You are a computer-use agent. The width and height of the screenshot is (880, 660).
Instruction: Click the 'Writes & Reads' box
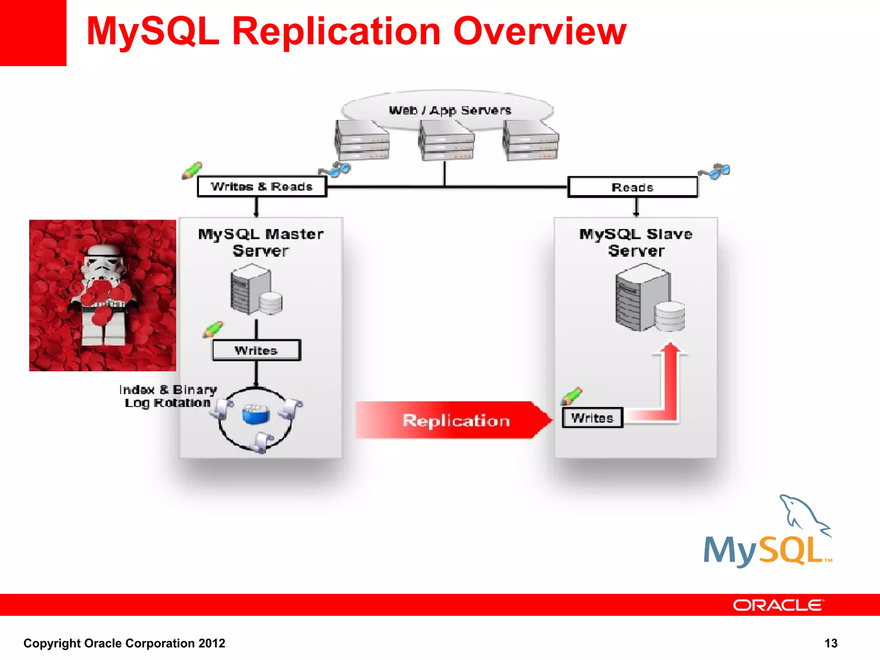[x=262, y=187]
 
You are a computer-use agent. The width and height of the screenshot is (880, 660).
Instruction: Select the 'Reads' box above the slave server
[x=632, y=187]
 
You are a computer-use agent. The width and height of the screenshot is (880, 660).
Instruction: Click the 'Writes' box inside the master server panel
[x=256, y=350]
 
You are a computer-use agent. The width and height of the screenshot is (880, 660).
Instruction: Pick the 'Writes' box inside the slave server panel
[x=592, y=418]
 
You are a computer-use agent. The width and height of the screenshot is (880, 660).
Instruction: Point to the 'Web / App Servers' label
[x=450, y=110]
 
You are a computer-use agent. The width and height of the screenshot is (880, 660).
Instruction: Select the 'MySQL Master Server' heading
[x=260, y=242]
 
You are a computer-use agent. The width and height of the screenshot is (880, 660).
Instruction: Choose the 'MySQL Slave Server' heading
[x=636, y=242]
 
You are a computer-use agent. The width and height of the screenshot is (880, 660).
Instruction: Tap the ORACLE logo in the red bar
[x=778, y=605]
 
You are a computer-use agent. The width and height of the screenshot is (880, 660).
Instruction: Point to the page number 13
[x=831, y=643]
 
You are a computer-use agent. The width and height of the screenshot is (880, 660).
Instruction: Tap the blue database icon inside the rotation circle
[x=256, y=414]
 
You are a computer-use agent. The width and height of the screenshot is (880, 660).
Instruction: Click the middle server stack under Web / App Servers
[x=446, y=140]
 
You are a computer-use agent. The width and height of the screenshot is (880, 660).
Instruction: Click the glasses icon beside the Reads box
[x=715, y=171]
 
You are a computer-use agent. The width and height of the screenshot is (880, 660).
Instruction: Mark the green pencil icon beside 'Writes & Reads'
[x=192, y=171]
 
